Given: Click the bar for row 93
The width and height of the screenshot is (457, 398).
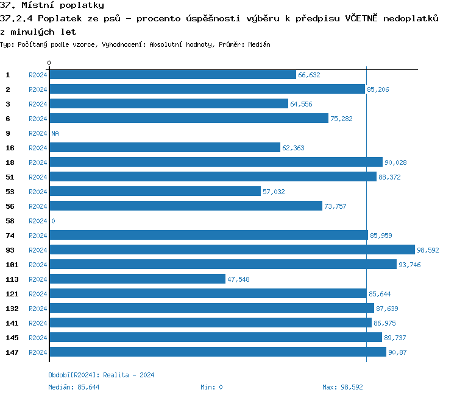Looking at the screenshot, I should point(232,250).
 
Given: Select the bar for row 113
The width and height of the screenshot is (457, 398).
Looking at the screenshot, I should point(137,279).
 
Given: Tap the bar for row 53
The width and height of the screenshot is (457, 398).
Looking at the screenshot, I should point(155,192).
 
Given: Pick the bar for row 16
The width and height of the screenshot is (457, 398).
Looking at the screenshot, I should point(165,148).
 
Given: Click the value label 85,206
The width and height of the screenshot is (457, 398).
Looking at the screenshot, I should point(378,89).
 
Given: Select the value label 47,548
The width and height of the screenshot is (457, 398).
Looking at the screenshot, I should point(238,279).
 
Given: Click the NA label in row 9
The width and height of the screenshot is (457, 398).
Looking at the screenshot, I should point(55,133).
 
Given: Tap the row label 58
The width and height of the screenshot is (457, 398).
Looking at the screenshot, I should point(10,221).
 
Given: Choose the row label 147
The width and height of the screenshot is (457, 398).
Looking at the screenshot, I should point(12,352).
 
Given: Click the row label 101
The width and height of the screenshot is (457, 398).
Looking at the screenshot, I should point(12,265).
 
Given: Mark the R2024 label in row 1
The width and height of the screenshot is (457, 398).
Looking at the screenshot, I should point(38,75).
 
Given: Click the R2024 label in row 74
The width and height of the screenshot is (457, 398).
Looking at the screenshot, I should point(38,236).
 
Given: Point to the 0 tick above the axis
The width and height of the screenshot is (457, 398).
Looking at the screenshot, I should point(49,63).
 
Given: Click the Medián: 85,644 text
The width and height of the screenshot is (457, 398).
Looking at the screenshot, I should point(74,387).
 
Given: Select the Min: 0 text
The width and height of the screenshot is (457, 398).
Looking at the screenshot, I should point(211,387).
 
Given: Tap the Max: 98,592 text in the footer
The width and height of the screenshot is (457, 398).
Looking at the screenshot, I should point(342,387).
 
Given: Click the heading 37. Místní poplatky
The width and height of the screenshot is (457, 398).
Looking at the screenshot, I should point(52,5).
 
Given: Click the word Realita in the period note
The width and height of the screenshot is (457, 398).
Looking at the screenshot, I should point(116,375).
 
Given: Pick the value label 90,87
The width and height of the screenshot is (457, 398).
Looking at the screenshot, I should point(397,352).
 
